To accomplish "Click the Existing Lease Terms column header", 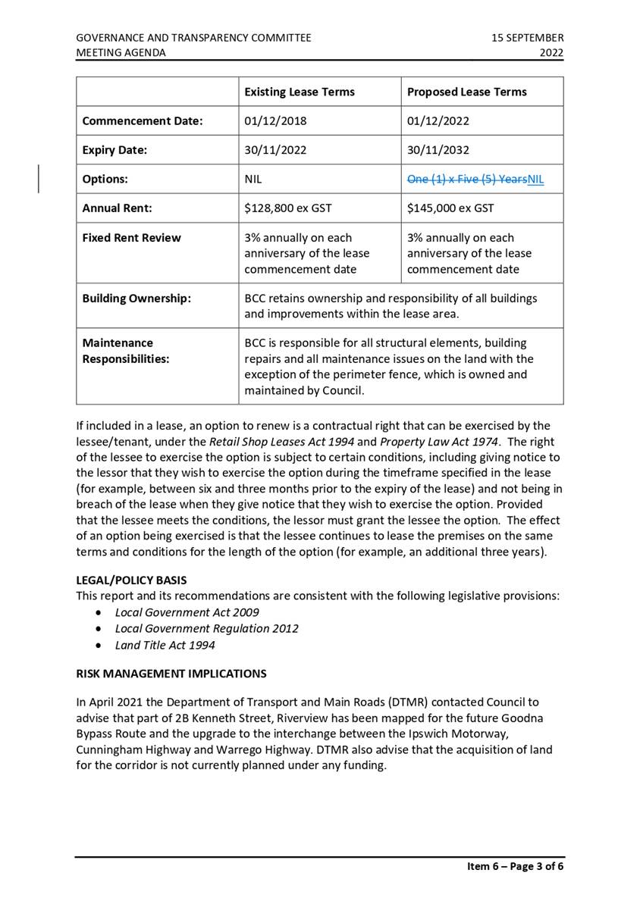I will pos(299,92).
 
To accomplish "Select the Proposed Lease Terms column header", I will pos(466,92).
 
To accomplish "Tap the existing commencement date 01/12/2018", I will pos(275,120).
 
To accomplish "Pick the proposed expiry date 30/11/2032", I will pos(439,150).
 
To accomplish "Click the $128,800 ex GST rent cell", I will pos(287,208).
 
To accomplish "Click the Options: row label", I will pos(105,180).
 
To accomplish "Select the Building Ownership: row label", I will pos(136,298).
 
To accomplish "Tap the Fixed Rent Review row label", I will pos(131,238).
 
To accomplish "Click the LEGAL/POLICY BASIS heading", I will pos(131,580).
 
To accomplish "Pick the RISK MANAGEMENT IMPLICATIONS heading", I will pos(171,673).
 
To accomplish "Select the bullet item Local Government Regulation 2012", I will pos(206,629).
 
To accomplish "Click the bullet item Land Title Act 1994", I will pos(165,646).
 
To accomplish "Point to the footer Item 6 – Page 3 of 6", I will pos(515,867).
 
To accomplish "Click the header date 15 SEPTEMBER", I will pos(527,37).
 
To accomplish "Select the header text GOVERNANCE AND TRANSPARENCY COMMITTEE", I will pos(193,37).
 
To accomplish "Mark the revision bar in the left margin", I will pos(39,180).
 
